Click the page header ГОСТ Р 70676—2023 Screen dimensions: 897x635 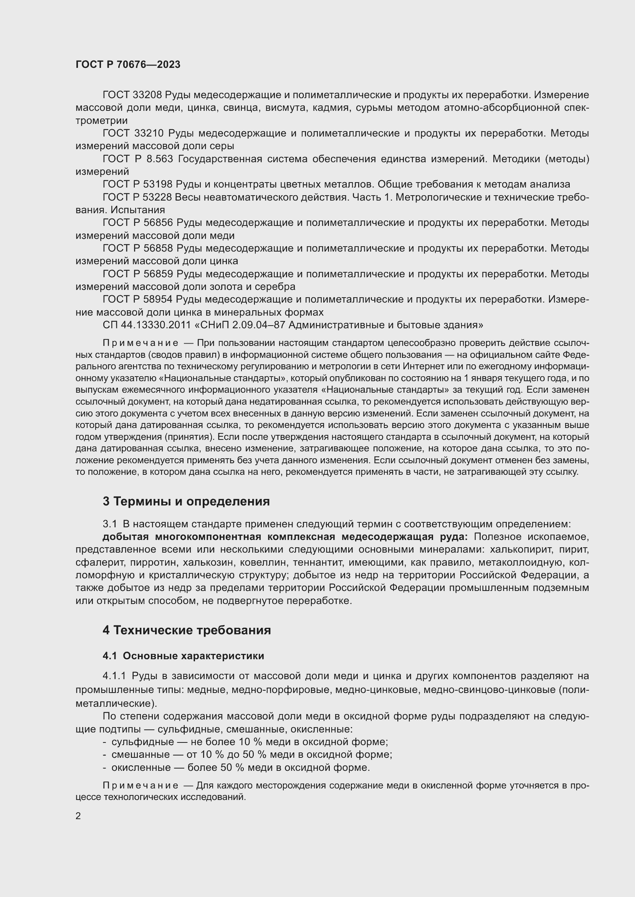point(128,64)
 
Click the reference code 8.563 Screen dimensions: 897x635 point(162,159)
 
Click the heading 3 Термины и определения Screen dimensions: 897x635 point(186,501)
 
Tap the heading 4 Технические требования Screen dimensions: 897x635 point(187,630)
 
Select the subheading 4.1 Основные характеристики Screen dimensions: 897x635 point(184,656)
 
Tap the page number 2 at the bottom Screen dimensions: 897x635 point(78,816)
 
